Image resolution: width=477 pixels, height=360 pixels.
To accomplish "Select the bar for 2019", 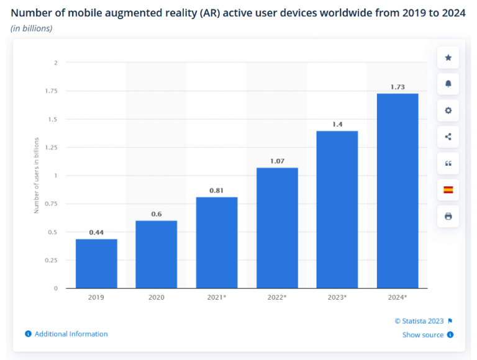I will (x=96, y=263).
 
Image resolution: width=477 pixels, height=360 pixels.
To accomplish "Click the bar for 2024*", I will (x=397, y=191).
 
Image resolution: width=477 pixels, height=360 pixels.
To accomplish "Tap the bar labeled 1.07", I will (x=277, y=228).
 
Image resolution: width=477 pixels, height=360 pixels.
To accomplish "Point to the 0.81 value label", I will (x=217, y=191).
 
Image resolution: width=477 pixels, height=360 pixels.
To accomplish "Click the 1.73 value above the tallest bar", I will (x=397, y=87).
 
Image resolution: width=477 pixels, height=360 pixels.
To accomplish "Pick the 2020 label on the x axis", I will (x=157, y=297).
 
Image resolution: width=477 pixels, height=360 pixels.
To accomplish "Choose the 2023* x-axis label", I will (x=337, y=297).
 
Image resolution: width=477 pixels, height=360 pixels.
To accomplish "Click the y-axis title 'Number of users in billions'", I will (x=37, y=176).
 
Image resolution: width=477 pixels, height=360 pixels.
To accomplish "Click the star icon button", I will (x=448, y=58).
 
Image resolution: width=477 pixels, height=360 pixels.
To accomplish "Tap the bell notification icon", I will (x=448, y=84).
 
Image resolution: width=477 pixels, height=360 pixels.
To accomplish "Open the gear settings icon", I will (x=448, y=110).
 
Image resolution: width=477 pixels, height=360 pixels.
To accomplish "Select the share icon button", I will (x=448, y=137).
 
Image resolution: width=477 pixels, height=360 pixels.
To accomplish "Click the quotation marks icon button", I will (x=448, y=164).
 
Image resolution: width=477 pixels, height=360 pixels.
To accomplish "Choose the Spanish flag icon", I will (x=448, y=190).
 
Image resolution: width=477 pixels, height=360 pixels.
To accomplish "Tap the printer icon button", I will (x=448, y=217).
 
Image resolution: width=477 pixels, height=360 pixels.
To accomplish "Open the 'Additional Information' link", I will (x=71, y=334).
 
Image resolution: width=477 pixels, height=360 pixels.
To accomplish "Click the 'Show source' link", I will (x=423, y=335).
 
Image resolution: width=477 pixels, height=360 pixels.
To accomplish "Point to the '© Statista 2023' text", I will (x=419, y=321).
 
